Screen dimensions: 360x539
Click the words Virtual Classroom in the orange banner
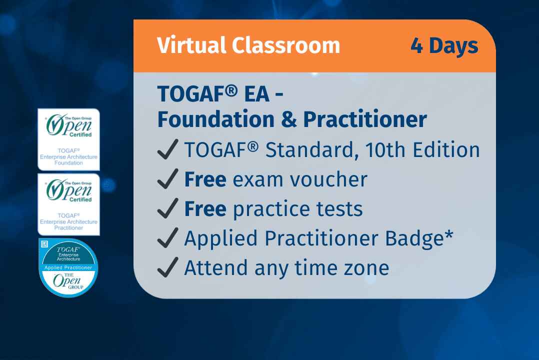tap(248, 45)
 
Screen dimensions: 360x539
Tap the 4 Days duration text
tap(444, 45)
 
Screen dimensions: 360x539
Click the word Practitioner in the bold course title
tap(365, 119)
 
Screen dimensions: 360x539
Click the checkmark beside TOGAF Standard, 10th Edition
tap(167, 150)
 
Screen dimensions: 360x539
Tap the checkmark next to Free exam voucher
tap(167, 180)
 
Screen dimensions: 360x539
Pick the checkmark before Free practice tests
tap(167, 209)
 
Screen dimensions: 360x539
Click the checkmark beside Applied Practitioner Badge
tap(167, 239)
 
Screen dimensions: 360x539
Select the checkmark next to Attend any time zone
tap(167, 268)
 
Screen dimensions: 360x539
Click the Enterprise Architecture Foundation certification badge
tap(69, 139)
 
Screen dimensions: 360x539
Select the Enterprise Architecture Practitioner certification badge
tap(69, 204)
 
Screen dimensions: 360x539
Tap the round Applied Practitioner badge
tap(68, 268)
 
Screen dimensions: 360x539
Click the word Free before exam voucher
tap(205, 179)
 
